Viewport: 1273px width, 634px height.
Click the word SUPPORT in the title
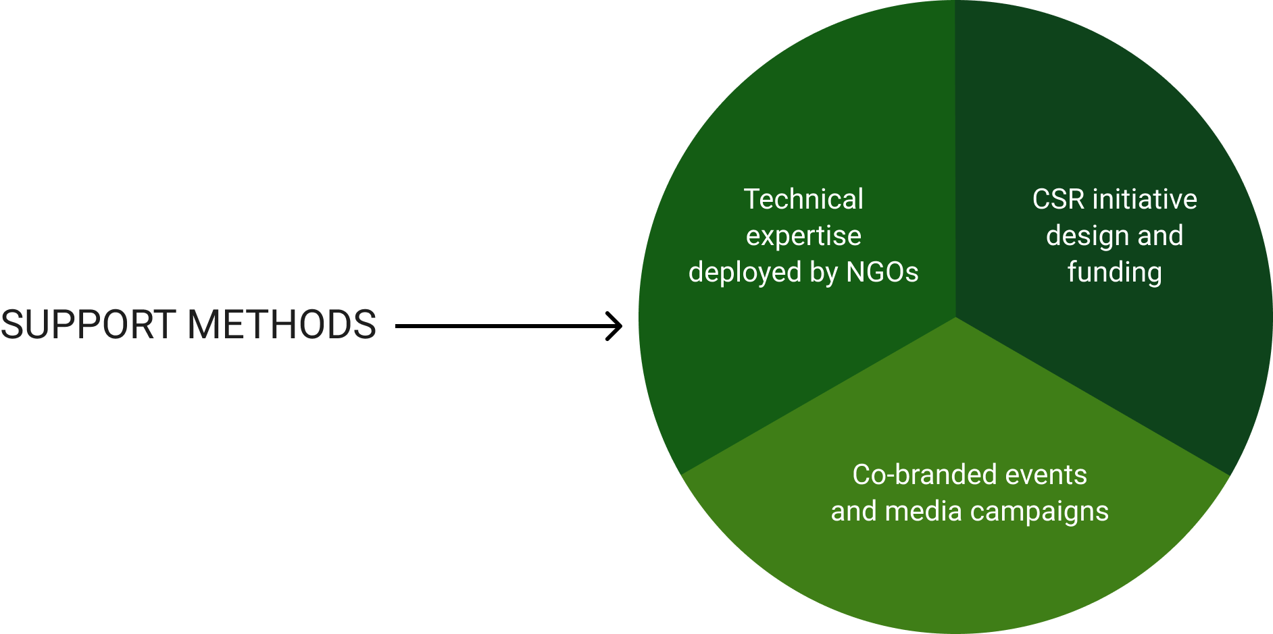89,325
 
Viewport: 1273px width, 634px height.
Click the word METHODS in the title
282,325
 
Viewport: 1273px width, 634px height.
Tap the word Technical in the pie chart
803,199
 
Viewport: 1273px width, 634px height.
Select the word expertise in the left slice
803,236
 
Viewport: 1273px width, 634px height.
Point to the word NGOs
882,272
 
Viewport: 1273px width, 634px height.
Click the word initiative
1145,199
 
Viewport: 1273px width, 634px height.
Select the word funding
1115,273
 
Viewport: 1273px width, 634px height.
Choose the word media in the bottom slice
923,511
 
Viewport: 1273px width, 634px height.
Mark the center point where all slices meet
955,317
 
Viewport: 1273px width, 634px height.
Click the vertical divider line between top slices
955,155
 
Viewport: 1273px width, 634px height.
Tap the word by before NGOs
824,273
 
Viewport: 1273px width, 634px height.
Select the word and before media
853,511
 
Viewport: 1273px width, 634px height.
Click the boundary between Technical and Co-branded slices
818,396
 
